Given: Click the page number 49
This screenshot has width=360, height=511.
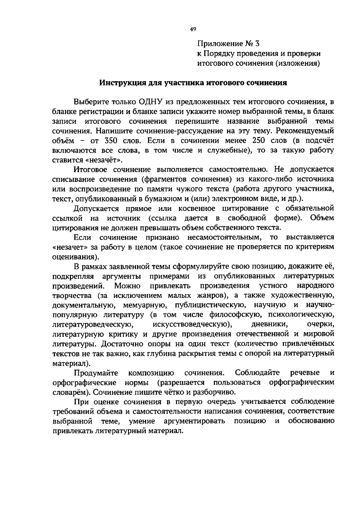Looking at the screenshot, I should click(x=193, y=29).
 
